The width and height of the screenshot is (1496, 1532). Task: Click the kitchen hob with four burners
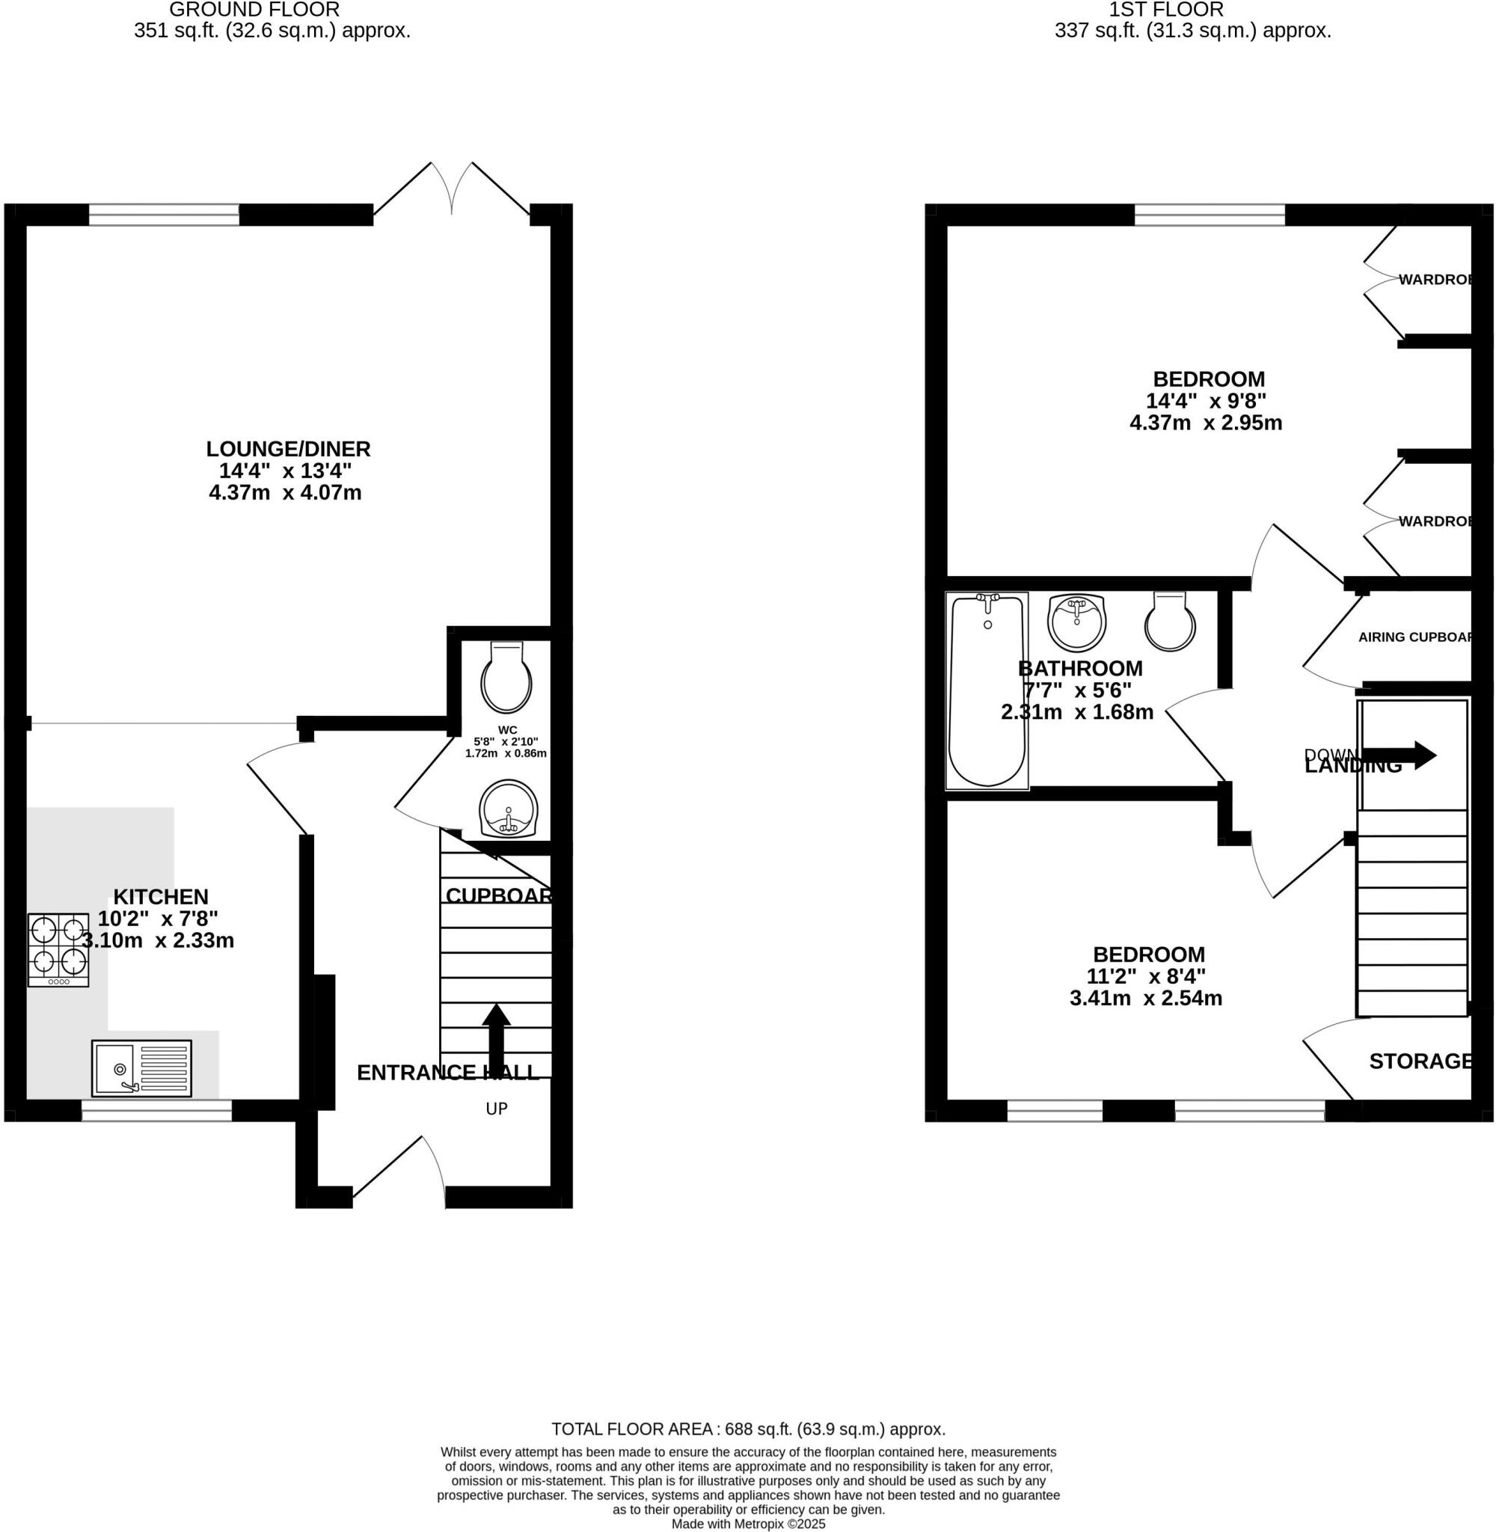tap(59, 949)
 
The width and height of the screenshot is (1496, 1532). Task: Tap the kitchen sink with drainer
tap(141, 1068)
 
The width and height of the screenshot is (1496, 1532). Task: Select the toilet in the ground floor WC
tap(506, 677)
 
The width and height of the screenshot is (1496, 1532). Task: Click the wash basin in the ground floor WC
tap(509, 809)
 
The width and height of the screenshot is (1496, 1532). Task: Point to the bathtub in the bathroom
tap(987, 690)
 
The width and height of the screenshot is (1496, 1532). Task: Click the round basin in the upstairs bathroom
tap(1076, 622)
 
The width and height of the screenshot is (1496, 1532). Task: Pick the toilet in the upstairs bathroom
tap(1170, 622)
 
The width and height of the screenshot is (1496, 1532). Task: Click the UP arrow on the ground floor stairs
tap(496, 1038)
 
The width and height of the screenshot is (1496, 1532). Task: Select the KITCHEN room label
tap(161, 896)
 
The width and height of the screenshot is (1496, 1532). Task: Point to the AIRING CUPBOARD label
tap(1414, 637)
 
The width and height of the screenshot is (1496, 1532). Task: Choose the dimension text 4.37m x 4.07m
tap(284, 493)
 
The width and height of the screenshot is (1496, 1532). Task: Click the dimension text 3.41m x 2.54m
tap(1146, 999)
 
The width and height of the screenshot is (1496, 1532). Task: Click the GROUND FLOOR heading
tap(254, 10)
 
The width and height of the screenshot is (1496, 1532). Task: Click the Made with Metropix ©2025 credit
tap(748, 1524)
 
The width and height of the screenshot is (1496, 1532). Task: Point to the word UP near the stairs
tap(497, 1109)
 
